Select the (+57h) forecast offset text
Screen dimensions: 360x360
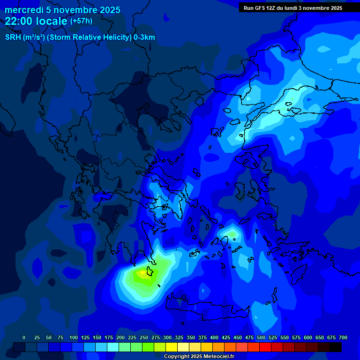pos(81,21)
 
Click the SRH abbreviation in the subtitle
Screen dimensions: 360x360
pos(13,37)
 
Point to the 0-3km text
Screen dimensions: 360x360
pos(144,37)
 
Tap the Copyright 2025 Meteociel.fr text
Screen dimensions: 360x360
pos(199,357)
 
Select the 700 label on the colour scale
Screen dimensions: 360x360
pos(343,337)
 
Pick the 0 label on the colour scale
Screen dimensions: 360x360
pos(24,337)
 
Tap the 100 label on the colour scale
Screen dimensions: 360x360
pos(74,337)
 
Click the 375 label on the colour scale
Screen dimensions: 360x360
pos(202,337)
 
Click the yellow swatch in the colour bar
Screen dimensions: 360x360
pos(172,347)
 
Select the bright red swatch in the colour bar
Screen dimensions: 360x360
pos(265,347)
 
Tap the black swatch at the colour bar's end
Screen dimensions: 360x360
pos(336,347)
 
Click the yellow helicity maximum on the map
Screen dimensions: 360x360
pos(142,272)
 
